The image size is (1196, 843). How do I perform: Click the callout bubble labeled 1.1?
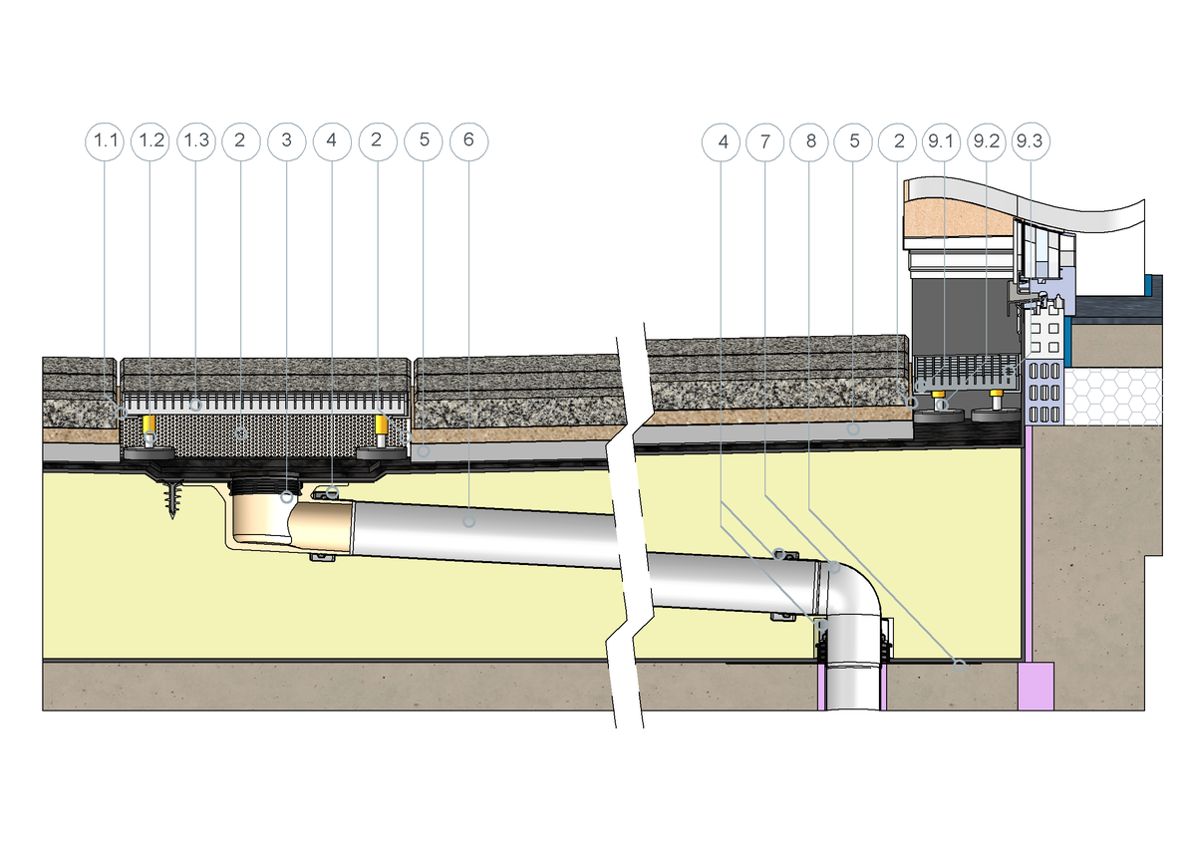[x=105, y=141]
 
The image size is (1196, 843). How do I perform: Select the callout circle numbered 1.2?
[x=150, y=141]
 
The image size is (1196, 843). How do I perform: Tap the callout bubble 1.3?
[x=196, y=141]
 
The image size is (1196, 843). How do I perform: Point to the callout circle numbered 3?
[x=287, y=141]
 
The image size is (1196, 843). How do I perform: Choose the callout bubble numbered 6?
[x=468, y=141]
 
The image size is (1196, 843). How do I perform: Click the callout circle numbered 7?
[x=765, y=141]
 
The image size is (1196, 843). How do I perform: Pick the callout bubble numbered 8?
[x=810, y=141]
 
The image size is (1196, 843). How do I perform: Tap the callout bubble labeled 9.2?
[x=986, y=141]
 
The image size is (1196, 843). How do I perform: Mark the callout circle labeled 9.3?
[x=1031, y=141]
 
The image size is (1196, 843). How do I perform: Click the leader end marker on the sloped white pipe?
[x=469, y=519]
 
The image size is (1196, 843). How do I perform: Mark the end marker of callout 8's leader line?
[x=961, y=666]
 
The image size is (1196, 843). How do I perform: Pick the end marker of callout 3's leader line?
[x=287, y=495]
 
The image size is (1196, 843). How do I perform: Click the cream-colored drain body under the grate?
[x=256, y=523]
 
